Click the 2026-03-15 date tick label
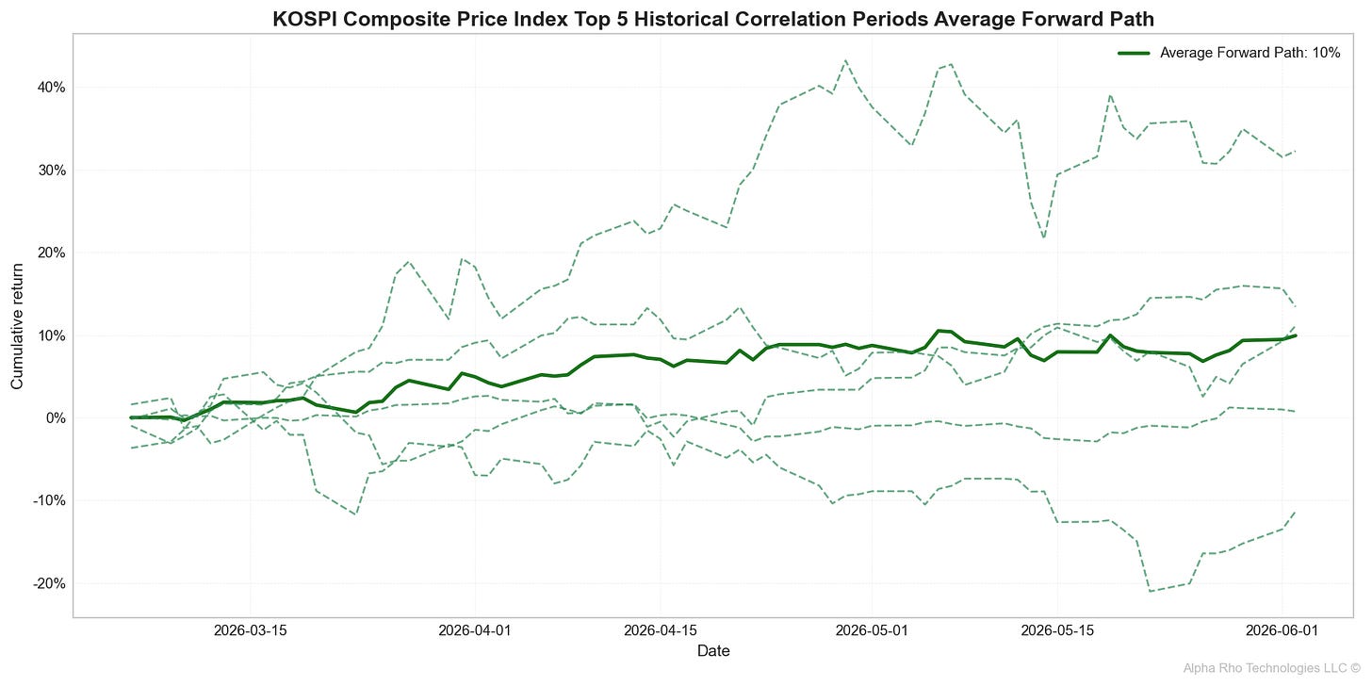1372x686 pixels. pyautogui.click(x=250, y=629)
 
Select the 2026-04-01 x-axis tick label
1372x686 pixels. pyautogui.click(x=475, y=629)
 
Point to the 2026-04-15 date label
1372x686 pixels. pyautogui.click(x=661, y=629)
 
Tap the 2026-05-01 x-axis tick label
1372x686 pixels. pyautogui.click(x=872, y=629)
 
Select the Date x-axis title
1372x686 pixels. pyautogui.click(x=712, y=651)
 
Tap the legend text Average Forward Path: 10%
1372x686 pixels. pyautogui.click(x=1249, y=53)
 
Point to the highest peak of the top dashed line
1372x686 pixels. pyautogui.click(x=845, y=60)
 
